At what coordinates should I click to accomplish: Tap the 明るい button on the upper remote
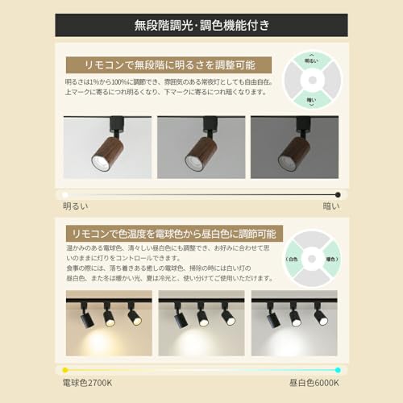[312, 61]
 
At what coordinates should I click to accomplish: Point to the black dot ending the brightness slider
[339, 194]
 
